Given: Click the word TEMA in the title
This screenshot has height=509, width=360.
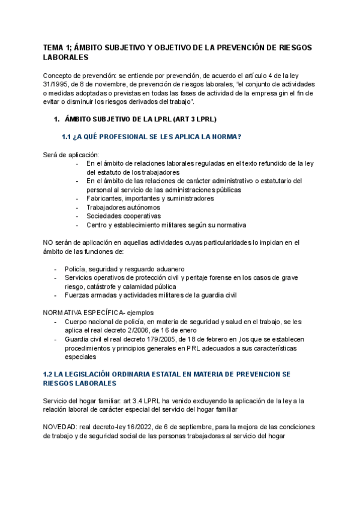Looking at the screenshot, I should [54, 47].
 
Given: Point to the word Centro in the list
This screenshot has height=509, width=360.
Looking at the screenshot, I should [98, 225].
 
